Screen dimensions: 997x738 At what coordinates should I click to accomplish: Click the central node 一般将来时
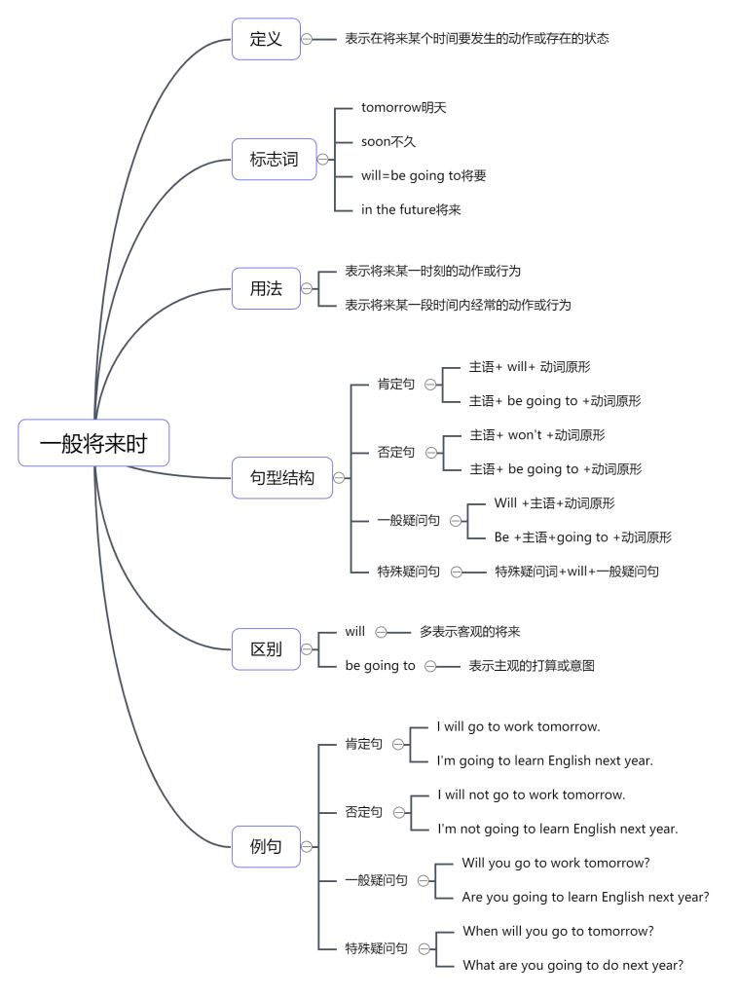(93, 443)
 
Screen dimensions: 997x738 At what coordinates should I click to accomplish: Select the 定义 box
(266, 39)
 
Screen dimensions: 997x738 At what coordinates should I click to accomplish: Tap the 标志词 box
(274, 159)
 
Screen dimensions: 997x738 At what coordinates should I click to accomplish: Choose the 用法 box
(266, 288)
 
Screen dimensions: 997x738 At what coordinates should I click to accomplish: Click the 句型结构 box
(281, 478)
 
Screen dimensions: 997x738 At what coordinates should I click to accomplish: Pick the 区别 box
(266, 648)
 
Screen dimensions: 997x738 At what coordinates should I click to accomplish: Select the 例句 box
(266, 846)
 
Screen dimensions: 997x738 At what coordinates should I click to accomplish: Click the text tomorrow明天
(403, 107)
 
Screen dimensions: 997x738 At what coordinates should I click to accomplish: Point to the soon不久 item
(388, 141)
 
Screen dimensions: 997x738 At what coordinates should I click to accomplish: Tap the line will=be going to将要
(424, 175)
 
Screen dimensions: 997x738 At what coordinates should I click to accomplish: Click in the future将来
(411, 209)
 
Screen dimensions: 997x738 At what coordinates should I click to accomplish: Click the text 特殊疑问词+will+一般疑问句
(576, 572)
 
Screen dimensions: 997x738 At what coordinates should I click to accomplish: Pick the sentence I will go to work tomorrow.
(518, 726)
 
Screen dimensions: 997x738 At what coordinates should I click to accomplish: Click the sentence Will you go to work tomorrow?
(556, 863)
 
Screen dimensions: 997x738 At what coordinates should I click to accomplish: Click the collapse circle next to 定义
(307, 39)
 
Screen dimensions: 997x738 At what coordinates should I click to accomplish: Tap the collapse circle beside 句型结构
(339, 478)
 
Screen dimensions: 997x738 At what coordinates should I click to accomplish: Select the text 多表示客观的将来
(470, 632)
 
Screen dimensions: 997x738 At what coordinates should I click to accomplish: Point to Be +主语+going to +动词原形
(582, 537)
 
